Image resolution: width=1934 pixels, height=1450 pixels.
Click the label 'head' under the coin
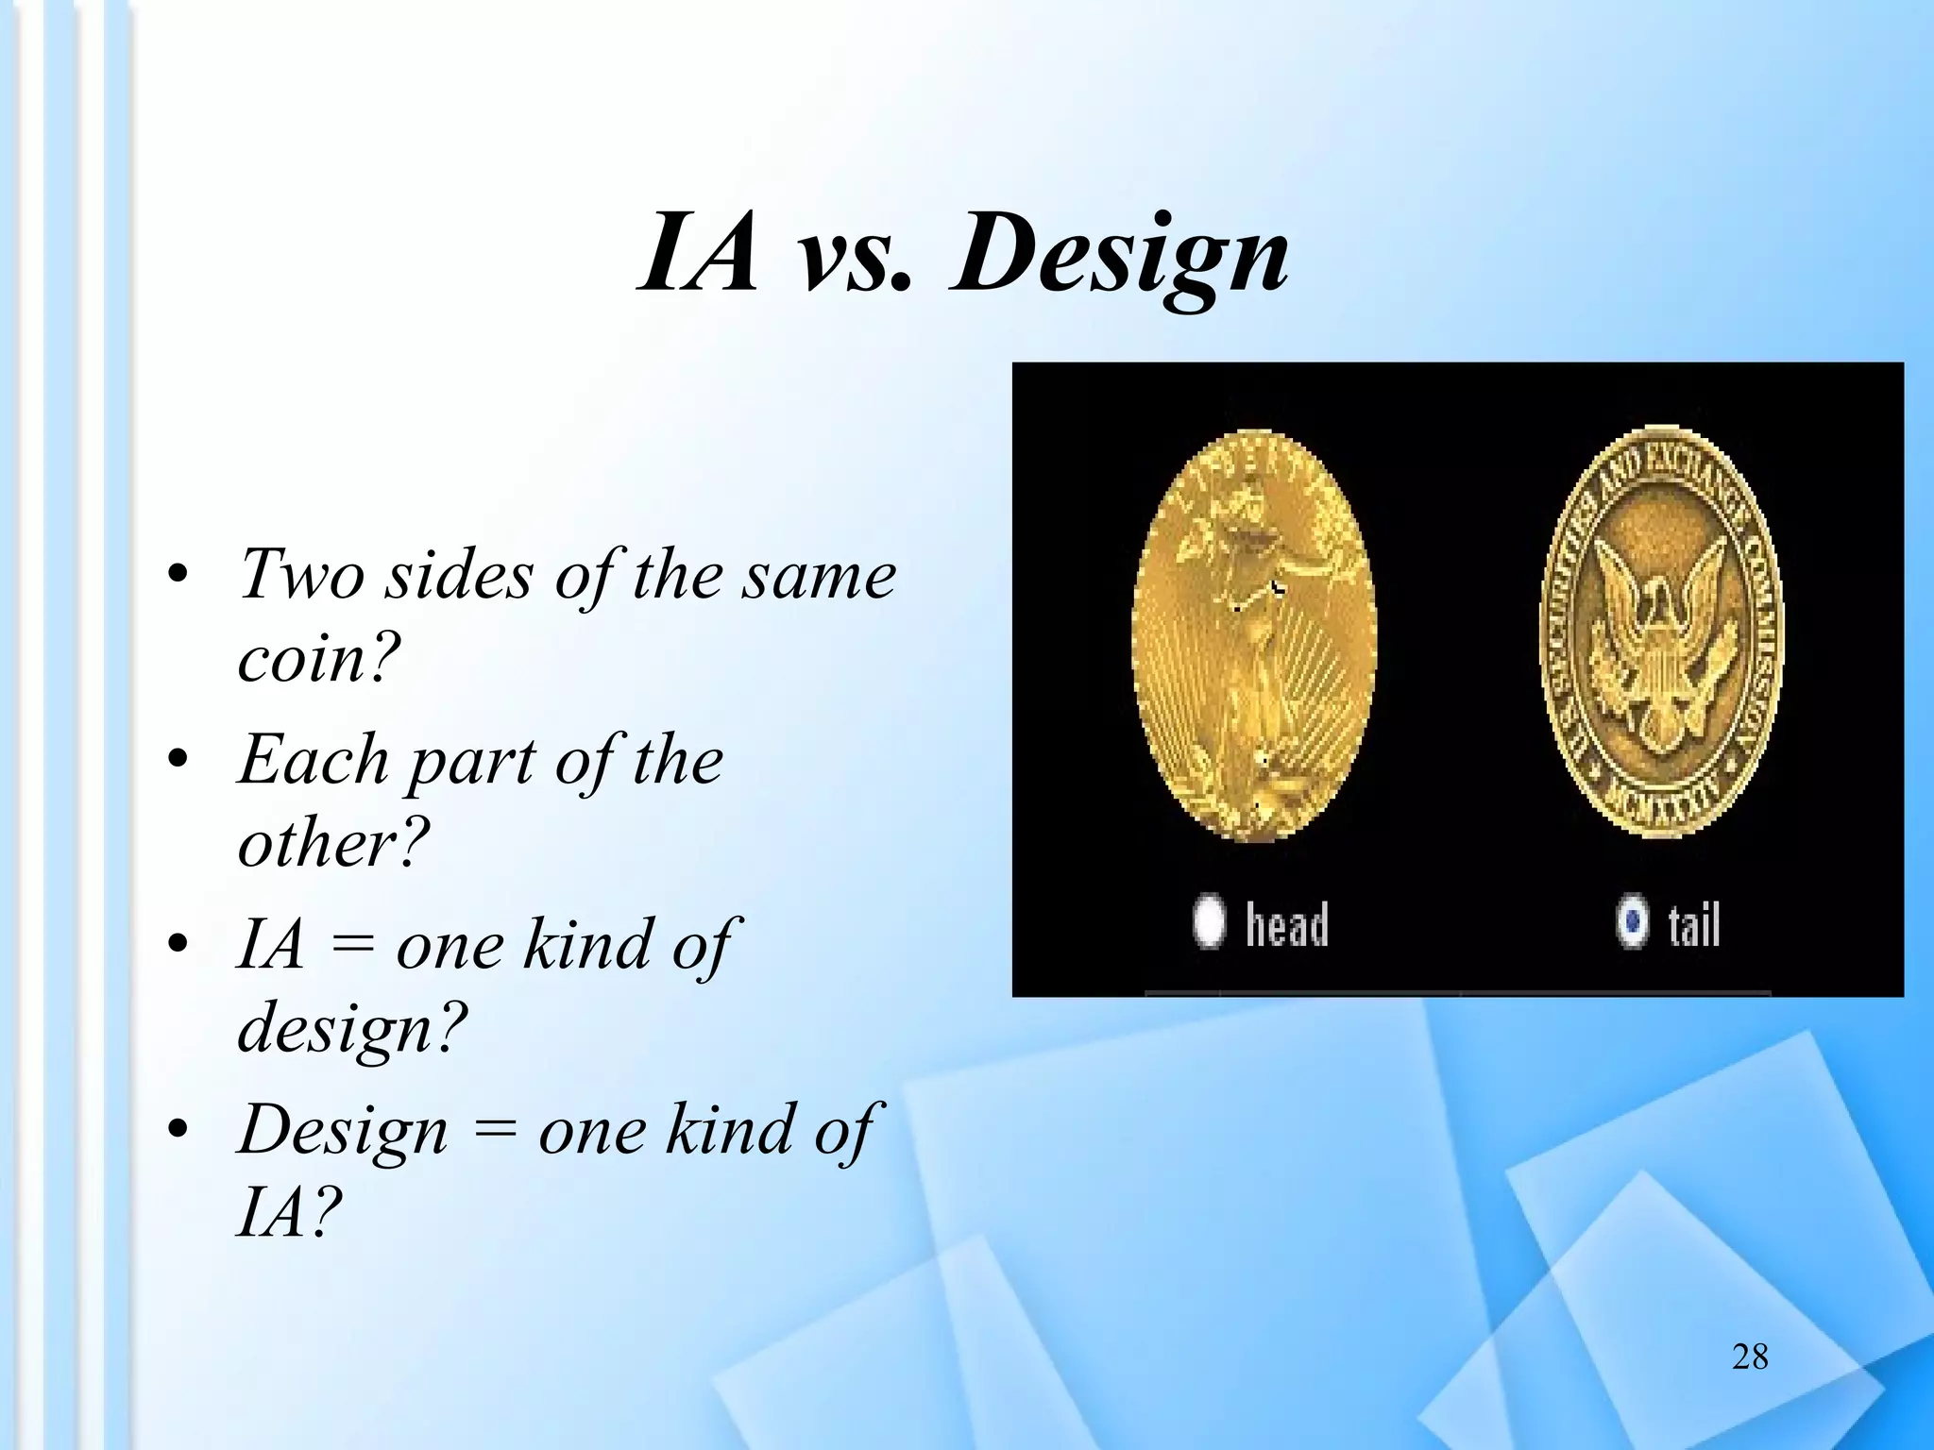tap(1286, 924)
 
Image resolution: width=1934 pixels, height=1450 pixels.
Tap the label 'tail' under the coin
tap(1693, 924)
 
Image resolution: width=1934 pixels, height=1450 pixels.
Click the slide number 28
tap(1750, 1357)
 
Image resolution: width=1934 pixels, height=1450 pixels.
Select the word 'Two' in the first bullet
tap(299, 574)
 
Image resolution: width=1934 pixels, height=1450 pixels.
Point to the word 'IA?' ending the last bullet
tap(284, 1212)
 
